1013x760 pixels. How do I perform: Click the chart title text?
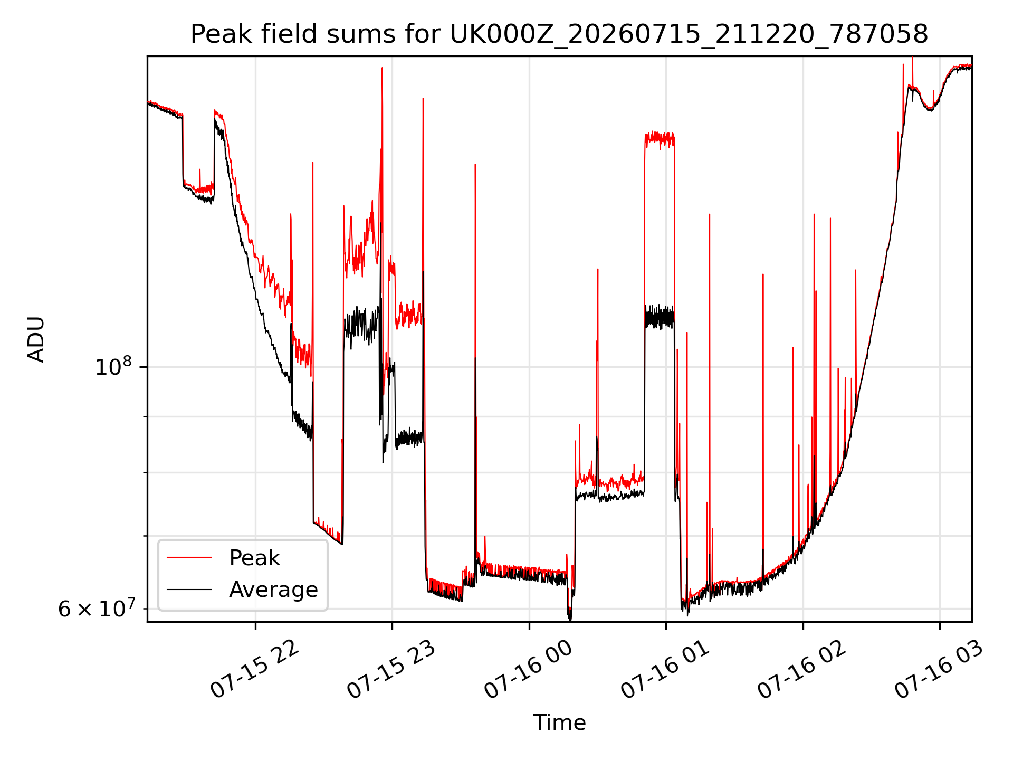click(x=559, y=34)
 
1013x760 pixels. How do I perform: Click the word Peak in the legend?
click(x=254, y=558)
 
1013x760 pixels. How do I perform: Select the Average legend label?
click(x=273, y=590)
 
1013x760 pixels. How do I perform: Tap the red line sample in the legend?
click(x=189, y=558)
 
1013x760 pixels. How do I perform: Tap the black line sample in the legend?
click(x=189, y=590)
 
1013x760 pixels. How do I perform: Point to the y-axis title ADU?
click(x=36, y=339)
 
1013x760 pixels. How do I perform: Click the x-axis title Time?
click(x=559, y=723)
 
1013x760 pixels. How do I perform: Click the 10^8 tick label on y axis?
click(x=113, y=366)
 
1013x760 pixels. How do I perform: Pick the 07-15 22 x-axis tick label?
click(x=254, y=669)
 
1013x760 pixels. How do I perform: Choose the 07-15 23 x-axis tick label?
click(x=391, y=669)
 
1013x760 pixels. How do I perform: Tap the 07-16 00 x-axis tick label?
click(x=528, y=669)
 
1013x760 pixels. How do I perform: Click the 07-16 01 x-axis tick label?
click(x=665, y=669)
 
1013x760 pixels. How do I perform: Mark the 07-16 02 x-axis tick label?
click(x=802, y=669)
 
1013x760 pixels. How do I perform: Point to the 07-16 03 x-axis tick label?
click(x=939, y=669)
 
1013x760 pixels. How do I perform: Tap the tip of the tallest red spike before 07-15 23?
click(x=381, y=68)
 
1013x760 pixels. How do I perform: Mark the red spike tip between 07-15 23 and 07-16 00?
click(x=423, y=98)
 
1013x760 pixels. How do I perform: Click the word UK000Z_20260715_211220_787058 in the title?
click(x=689, y=35)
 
